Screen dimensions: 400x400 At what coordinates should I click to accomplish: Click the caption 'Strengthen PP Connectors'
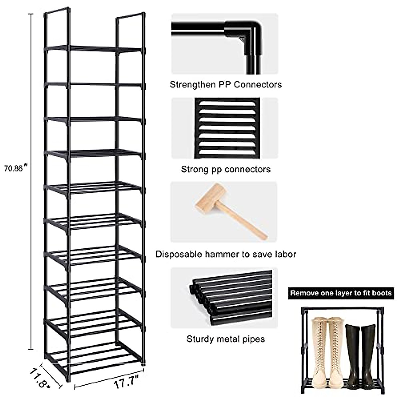226,84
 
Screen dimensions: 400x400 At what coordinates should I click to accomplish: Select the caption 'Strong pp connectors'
226,169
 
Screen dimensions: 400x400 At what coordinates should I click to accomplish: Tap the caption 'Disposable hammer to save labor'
226,254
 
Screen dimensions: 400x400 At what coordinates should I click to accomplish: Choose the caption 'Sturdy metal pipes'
226,339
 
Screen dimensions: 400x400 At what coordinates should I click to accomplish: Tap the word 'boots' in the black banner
383,293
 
